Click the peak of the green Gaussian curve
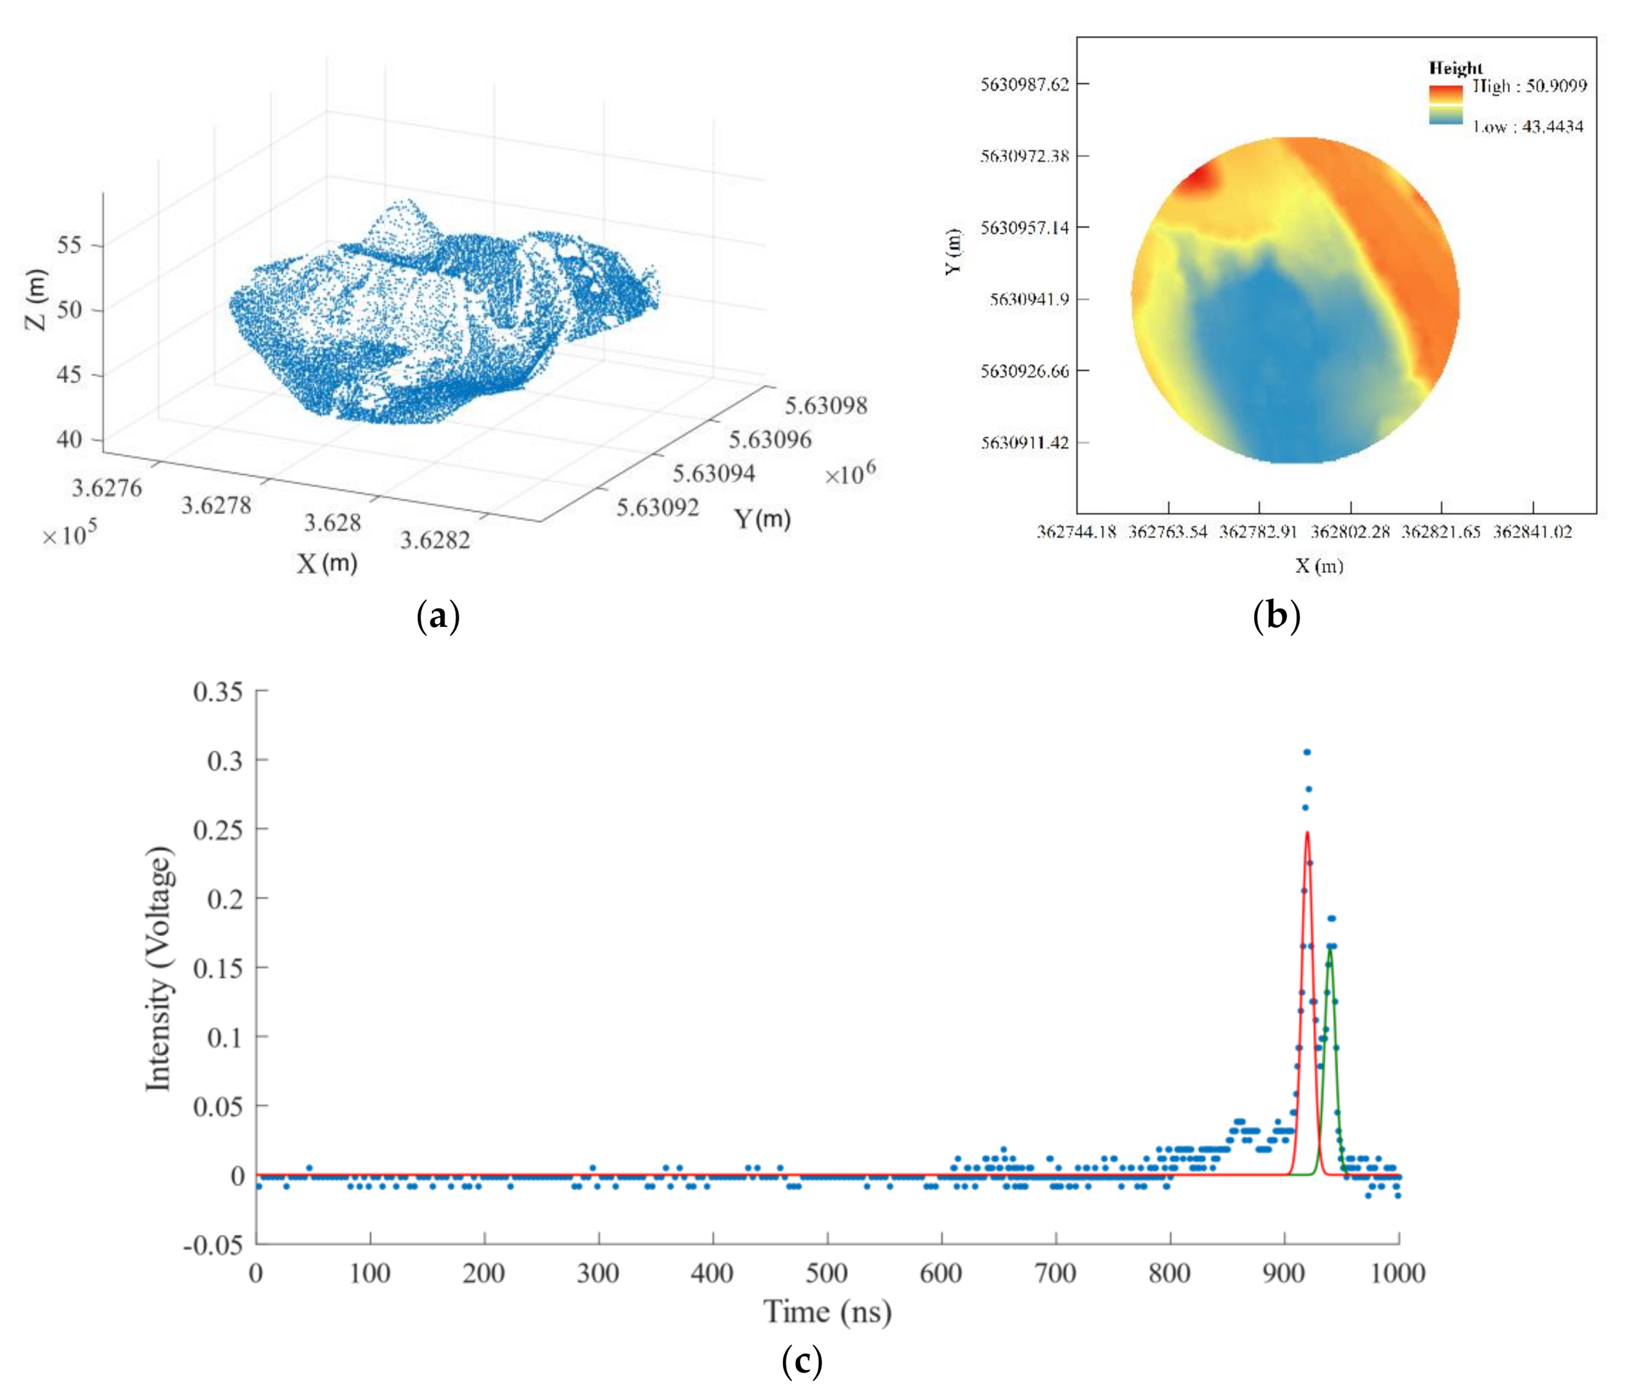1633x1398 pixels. tap(1330, 949)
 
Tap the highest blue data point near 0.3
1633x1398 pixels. tap(1307, 752)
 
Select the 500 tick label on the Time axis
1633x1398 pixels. tap(826, 1273)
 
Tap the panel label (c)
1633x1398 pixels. tap(802, 1361)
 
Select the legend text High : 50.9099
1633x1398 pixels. tap(1529, 86)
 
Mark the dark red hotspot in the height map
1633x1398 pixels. tap(1197, 178)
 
